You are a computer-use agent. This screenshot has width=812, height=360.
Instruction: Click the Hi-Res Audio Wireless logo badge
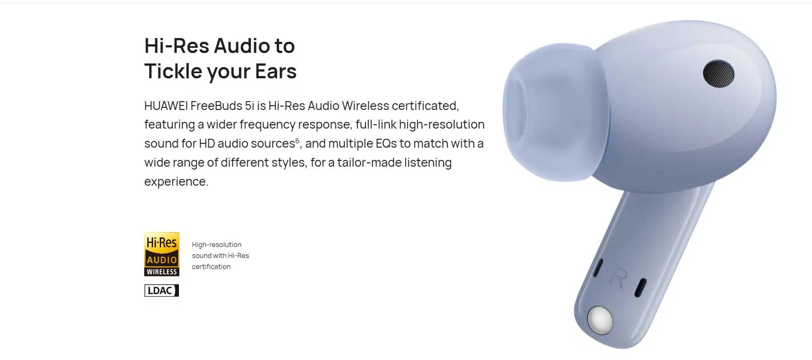pos(162,254)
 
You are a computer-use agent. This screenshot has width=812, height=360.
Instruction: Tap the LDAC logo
pos(162,290)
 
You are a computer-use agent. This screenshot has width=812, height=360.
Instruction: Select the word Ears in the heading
pos(276,71)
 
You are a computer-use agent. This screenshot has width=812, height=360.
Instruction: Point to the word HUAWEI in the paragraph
pos(166,105)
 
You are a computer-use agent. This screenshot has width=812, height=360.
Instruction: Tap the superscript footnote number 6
pos(297,140)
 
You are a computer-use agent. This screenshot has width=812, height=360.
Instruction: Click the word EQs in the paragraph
pos(386,143)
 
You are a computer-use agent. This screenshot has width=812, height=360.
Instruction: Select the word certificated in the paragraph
pos(425,105)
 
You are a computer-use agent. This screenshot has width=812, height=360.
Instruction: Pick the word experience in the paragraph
pos(176,181)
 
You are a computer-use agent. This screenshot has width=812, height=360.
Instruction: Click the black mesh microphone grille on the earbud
pos(719,74)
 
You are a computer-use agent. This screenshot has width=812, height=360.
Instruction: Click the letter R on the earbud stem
pos(619,278)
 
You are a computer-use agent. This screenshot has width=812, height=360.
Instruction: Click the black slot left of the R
pos(598,268)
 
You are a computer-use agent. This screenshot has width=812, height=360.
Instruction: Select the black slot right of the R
pos(640,288)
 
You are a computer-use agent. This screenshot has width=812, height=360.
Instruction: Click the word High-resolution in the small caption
pos(217,245)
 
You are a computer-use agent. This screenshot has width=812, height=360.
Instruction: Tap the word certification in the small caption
pos(211,267)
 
